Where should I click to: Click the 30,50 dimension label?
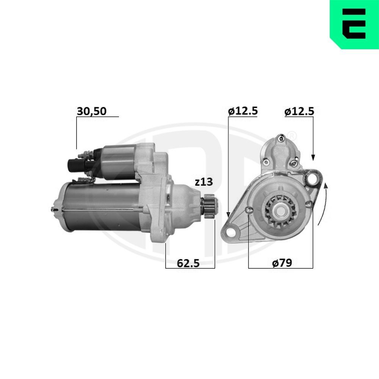click(x=92, y=111)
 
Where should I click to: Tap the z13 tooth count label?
click(x=204, y=182)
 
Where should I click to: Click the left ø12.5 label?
click(x=243, y=111)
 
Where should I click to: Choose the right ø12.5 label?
click(x=299, y=111)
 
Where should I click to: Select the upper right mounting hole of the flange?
click(x=313, y=177)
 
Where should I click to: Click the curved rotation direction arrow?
click(x=323, y=205)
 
